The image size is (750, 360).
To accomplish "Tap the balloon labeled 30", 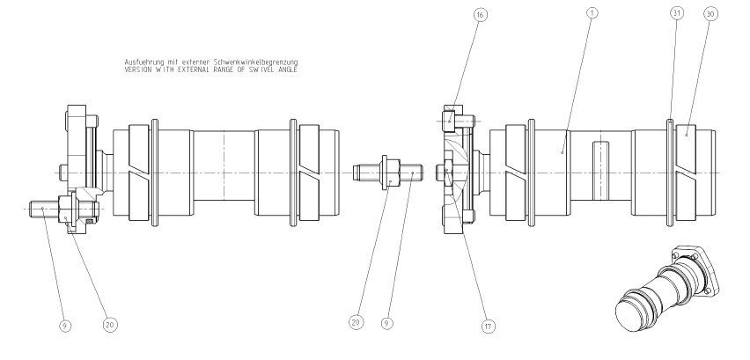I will coord(711,14).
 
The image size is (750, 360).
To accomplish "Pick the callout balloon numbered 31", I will coord(677,14).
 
